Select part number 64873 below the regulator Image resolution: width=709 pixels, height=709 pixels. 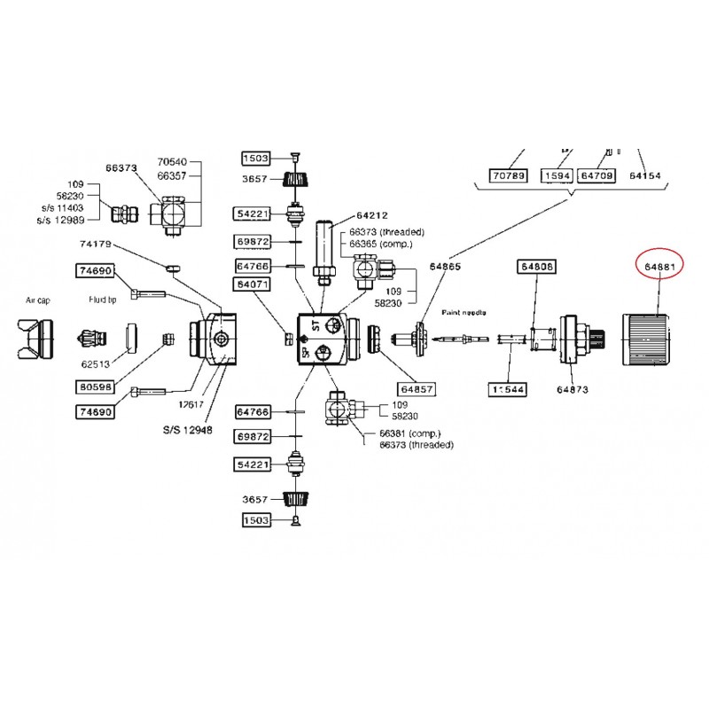coord(573,388)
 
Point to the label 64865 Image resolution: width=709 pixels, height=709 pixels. coord(446,266)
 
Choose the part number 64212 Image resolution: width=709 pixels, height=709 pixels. coord(373,215)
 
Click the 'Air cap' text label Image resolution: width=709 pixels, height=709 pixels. coord(38,300)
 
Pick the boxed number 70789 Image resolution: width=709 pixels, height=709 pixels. coord(509,175)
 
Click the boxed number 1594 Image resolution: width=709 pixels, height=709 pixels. coord(557,175)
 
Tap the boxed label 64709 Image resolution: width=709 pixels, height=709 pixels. coord(596,175)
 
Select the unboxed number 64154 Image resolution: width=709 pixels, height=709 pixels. coord(645,175)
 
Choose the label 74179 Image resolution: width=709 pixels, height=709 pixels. coord(96,243)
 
